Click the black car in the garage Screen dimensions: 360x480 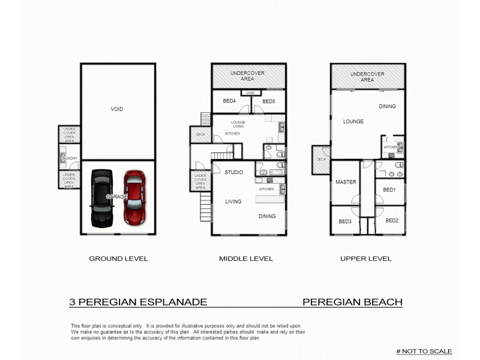[101, 197]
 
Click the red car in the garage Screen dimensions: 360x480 [134, 197]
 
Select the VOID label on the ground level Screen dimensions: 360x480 [117, 109]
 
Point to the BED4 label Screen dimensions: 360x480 [229, 101]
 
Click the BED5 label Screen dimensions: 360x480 [268, 101]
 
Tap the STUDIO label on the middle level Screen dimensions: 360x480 [234, 172]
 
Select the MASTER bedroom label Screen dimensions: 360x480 [346, 182]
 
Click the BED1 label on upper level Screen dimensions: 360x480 [389, 190]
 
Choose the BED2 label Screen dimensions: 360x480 [392, 220]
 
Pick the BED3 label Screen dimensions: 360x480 [344, 221]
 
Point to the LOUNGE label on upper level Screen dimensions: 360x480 [353, 121]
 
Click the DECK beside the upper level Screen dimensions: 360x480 [321, 160]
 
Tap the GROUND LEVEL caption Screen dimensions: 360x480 [118, 259]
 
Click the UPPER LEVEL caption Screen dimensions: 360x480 [366, 259]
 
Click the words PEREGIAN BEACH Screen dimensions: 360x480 [352, 302]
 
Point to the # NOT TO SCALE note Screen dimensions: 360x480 [424, 351]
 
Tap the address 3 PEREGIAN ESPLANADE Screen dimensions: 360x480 [139, 302]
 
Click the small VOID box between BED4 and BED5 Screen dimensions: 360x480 [251, 93]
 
